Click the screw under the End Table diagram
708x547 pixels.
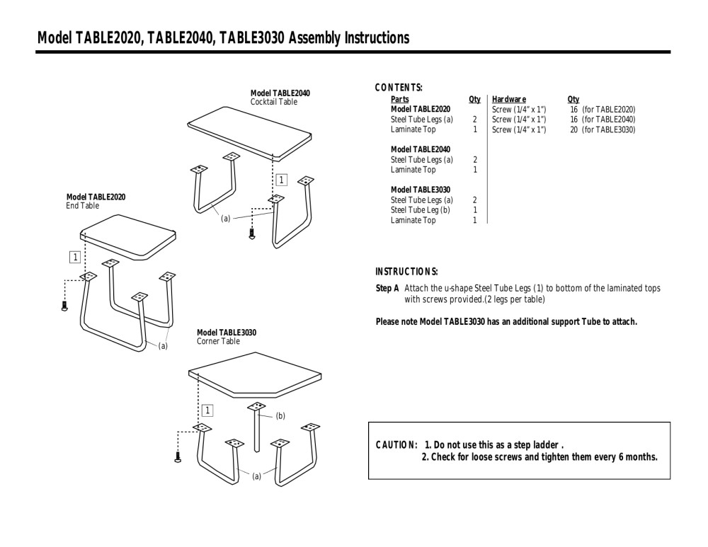64,306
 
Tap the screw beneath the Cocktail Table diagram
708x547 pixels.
252,234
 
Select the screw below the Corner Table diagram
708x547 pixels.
178,456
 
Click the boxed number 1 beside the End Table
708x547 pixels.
74,256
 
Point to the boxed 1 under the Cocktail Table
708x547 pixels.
281,180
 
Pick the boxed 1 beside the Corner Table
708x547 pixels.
207,410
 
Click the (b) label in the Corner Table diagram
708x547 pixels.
280,416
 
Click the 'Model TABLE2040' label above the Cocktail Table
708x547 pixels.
280,93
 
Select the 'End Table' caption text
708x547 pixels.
83,206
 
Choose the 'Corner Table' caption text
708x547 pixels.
218,341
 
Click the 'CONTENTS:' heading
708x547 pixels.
399,88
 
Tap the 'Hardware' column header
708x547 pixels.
509,100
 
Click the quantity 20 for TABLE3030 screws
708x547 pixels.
574,129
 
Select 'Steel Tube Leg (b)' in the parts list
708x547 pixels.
421,210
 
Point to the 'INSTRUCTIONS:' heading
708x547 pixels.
406,272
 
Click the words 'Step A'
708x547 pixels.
387,289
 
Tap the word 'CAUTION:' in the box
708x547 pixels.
396,445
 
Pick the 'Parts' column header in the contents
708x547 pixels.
399,100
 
